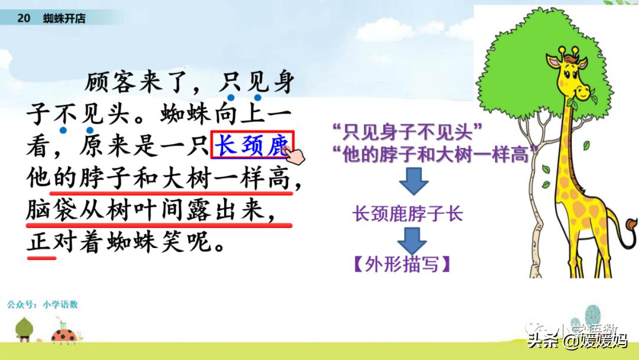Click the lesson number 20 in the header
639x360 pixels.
pos(24,18)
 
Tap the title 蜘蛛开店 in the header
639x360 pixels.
pos(64,18)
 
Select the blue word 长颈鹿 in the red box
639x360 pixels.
pos(252,145)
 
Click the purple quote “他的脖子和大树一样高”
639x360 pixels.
pos(435,154)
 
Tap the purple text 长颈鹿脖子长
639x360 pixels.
pos(408,214)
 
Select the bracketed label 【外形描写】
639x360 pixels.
pos(402,264)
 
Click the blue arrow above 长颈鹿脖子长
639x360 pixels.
pos(414,181)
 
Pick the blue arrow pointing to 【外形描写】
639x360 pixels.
pos(412,241)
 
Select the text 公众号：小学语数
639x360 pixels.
pos(43,304)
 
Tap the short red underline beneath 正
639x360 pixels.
pos(41,258)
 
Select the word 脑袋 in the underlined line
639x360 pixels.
pos(51,210)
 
